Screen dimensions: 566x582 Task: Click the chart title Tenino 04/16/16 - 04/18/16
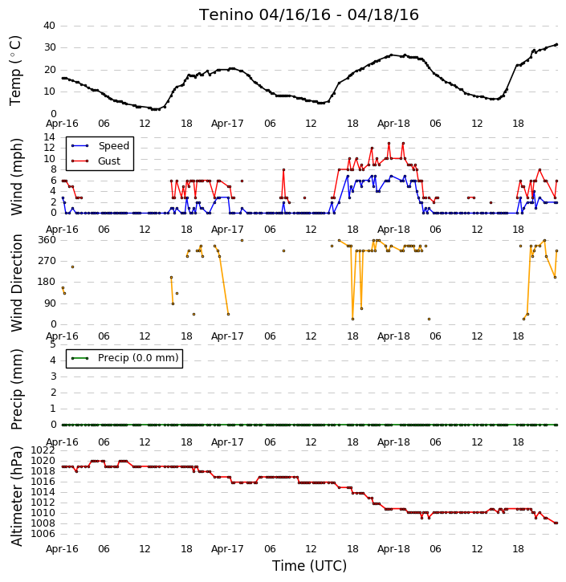309,14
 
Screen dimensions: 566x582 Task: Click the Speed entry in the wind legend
113,145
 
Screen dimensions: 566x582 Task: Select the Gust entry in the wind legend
109,161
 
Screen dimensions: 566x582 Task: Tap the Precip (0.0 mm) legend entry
138,358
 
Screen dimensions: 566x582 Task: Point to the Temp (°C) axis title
15,71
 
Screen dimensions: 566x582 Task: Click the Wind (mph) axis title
16,177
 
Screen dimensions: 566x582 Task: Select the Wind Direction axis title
16,283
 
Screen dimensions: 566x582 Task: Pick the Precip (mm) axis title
16,389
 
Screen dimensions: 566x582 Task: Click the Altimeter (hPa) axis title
16,495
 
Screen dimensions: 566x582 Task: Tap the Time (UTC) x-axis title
309,566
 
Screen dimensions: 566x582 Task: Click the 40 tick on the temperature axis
49,26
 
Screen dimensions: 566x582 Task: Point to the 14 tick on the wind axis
49,137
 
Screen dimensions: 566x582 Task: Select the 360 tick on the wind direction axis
47,240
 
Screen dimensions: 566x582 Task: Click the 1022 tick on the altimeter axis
43,450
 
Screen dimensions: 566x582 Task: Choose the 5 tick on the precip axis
53,344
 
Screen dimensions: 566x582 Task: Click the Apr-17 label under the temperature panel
227,124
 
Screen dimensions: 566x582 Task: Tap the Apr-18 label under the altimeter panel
393,548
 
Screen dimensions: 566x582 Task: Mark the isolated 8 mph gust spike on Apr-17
283,169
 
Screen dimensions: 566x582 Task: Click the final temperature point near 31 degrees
556,44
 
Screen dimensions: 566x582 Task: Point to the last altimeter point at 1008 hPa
556,523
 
